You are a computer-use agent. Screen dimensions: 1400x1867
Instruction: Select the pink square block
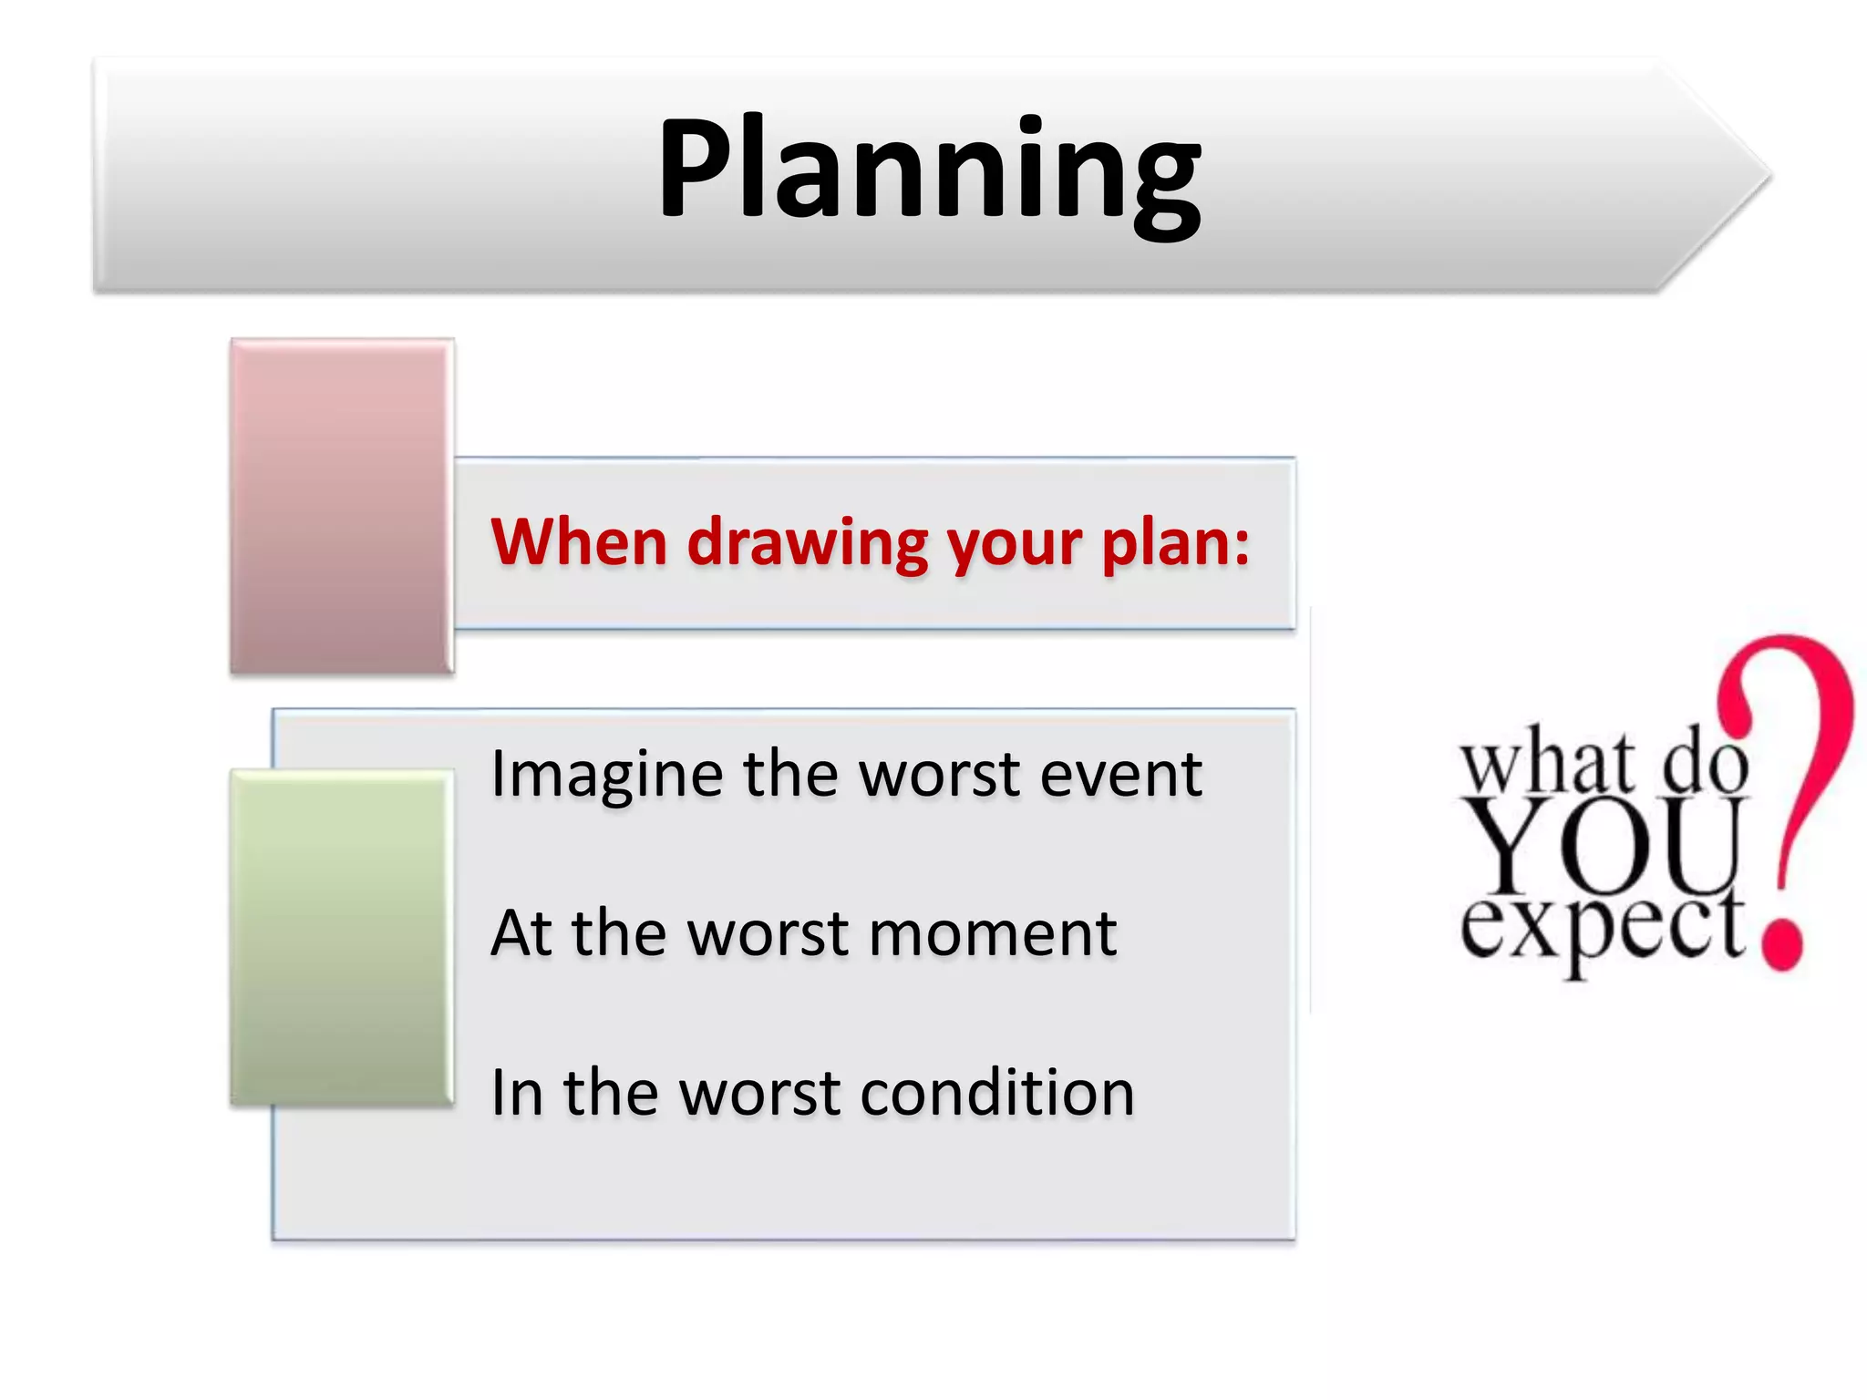(342, 507)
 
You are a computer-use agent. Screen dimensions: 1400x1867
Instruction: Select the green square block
(342, 938)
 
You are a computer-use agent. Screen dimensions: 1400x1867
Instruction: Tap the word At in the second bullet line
(521, 934)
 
